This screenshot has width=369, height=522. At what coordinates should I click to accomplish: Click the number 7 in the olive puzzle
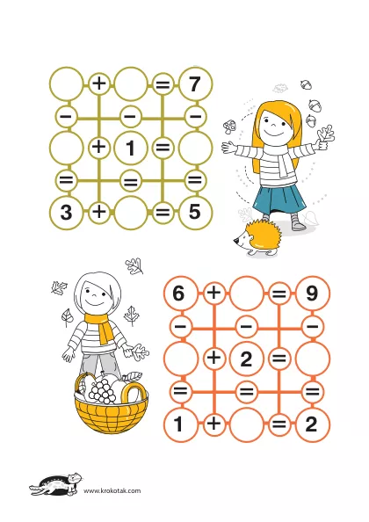tap(195, 83)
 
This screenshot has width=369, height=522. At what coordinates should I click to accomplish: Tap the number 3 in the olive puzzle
tap(66, 212)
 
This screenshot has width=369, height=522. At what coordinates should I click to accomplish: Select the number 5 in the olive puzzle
tap(195, 212)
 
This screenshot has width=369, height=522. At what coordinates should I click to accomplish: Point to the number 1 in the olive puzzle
tap(130, 148)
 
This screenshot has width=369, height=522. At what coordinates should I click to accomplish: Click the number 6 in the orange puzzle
tap(178, 294)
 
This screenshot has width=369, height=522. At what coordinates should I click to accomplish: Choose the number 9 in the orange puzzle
tap(311, 294)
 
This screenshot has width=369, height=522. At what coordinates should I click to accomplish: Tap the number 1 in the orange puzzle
tap(178, 424)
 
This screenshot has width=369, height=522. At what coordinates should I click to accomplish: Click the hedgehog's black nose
tap(235, 242)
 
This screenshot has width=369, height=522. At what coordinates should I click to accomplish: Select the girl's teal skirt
tap(279, 199)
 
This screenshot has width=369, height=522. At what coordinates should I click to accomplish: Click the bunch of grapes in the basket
tap(102, 390)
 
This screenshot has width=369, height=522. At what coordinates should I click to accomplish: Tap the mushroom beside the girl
tap(230, 127)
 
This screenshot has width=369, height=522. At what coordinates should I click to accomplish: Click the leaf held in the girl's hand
tap(326, 134)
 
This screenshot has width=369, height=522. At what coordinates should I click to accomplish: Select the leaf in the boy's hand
tap(140, 352)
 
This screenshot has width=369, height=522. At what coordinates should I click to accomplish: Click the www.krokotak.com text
tap(112, 490)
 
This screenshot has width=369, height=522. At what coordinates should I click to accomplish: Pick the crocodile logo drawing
tap(56, 484)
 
